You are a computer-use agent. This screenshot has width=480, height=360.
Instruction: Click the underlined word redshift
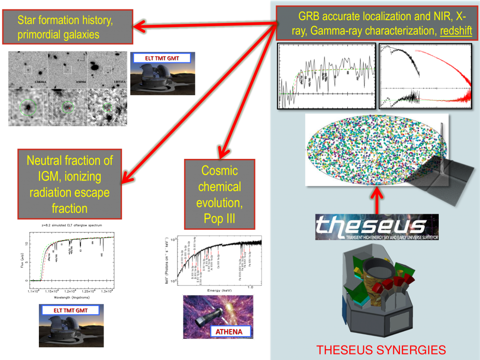[x=455, y=33]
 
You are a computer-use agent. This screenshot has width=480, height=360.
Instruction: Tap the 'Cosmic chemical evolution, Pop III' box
[x=219, y=194]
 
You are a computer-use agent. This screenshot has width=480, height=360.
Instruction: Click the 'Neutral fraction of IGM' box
[x=70, y=184]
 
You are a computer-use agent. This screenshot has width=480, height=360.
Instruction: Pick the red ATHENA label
[x=230, y=332]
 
